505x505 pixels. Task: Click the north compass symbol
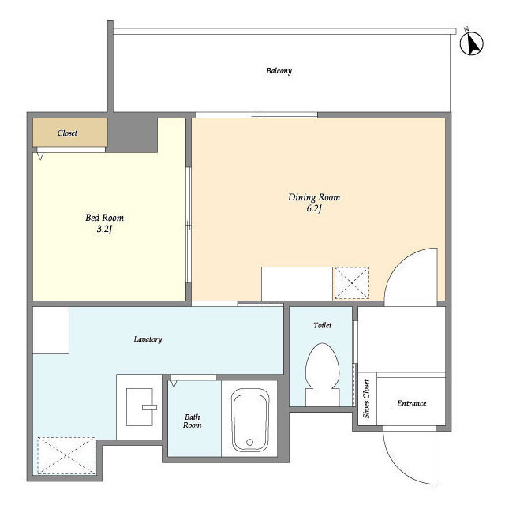click(x=472, y=43)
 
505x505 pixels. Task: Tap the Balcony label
click(x=279, y=71)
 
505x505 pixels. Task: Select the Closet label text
click(x=67, y=133)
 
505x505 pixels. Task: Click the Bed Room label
click(x=104, y=218)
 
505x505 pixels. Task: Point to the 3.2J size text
click(x=104, y=229)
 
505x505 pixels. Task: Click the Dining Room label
click(x=314, y=197)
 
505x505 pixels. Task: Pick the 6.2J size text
click(x=314, y=208)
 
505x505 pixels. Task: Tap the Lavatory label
click(x=148, y=339)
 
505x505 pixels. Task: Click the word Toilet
click(x=323, y=325)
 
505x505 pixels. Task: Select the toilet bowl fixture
click(x=323, y=373)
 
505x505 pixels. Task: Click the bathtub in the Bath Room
click(x=250, y=420)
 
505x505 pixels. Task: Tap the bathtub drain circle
click(x=249, y=442)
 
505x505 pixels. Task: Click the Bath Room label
click(x=193, y=421)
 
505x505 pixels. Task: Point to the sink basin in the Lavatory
click(x=140, y=407)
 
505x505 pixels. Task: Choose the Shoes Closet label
click(x=366, y=398)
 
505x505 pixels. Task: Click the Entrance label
click(x=412, y=403)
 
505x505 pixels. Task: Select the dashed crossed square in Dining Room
click(x=352, y=283)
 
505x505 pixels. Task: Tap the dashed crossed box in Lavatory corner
click(x=66, y=455)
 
